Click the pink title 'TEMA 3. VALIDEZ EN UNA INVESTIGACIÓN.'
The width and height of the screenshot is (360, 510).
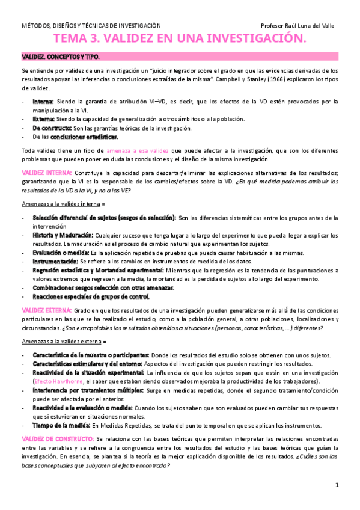click(x=180, y=39)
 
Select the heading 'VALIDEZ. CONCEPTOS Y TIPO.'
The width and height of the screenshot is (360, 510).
click(x=60, y=57)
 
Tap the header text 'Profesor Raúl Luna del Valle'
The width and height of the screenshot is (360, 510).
click(x=298, y=26)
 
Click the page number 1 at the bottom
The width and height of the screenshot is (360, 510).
click(x=337, y=485)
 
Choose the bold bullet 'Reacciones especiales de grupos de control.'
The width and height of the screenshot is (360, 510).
click(x=91, y=297)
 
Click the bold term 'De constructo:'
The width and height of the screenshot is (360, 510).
click(x=52, y=128)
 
